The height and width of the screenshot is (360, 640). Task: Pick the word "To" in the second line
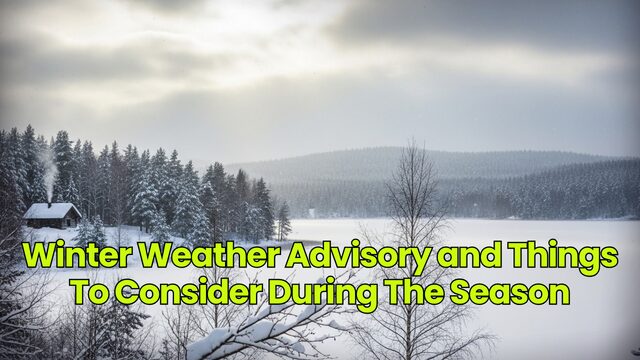[x=86, y=293]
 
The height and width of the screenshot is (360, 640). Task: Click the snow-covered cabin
[x=51, y=214]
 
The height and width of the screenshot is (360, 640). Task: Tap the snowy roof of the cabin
[x=51, y=209]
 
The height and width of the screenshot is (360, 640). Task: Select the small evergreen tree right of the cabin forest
[x=284, y=220]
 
